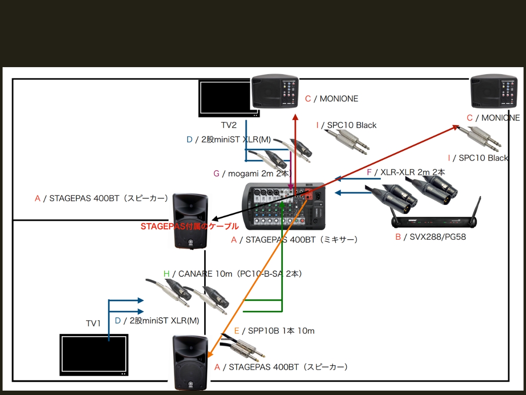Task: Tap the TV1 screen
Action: (x=94, y=355)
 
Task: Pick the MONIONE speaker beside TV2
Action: (x=275, y=92)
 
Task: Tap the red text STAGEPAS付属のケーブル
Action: (x=189, y=226)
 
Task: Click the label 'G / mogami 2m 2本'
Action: (x=252, y=174)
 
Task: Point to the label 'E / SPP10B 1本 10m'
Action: (x=274, y=331)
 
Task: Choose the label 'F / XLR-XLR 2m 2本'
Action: (x=406, y=172)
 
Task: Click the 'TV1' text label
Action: (x=93, y=323)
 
